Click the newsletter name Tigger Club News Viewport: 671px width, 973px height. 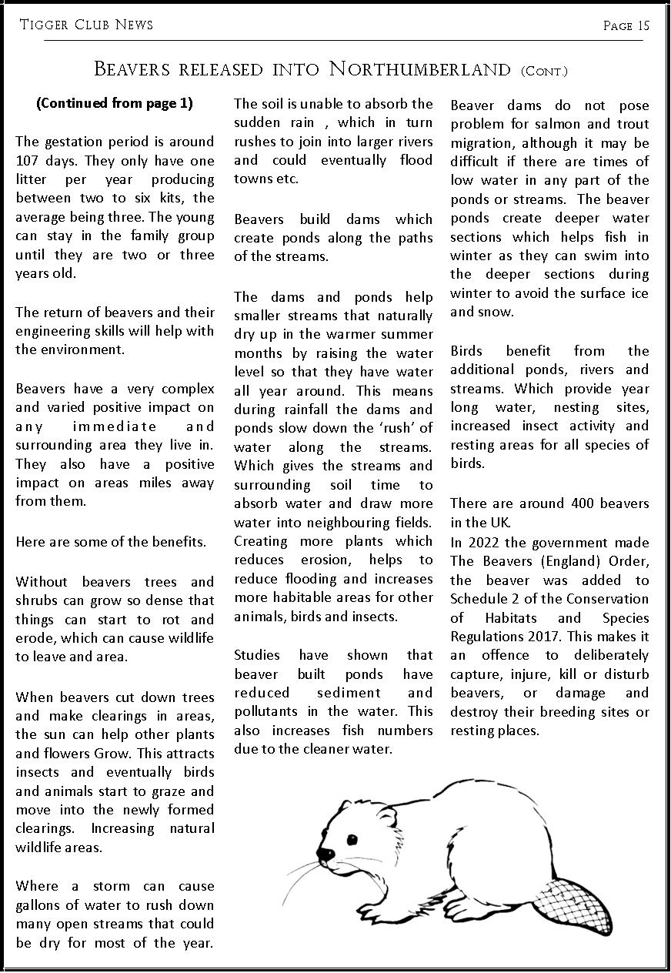click(x=86, y=25)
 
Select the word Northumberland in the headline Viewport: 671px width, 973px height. click(x=420, y=69)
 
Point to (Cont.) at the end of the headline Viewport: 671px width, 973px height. click(x=544, y=72)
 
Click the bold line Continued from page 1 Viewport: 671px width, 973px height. click(x=115, y=103)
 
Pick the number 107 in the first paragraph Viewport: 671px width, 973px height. click(x=29, y=161)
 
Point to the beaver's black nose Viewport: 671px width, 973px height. click(x=326, y=854)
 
